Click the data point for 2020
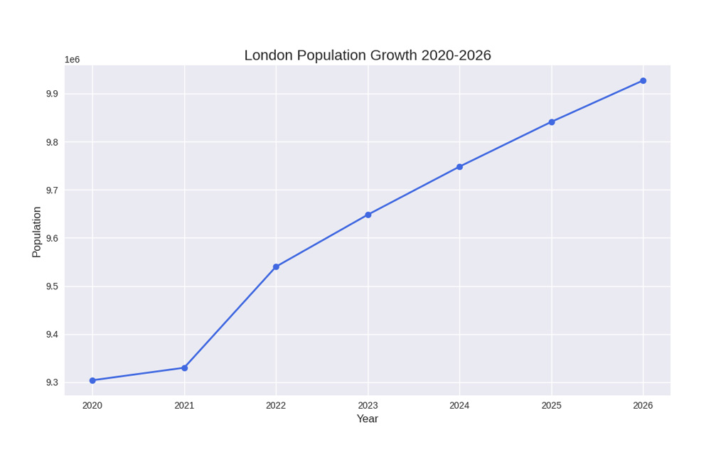92,380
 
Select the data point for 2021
185,368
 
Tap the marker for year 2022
276,267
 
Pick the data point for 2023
368,215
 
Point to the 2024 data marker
459,167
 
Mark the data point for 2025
552,122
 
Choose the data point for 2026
643,81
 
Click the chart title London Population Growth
368,55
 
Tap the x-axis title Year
368,419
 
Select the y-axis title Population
37,232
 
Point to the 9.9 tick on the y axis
52,94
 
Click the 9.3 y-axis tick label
52,383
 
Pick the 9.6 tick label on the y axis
52,238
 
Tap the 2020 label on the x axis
92,406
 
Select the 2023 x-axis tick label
368,406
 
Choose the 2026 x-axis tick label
643,406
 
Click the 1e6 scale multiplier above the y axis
72,60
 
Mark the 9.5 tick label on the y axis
52,286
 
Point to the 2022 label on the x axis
276,406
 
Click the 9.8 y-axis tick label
52,142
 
